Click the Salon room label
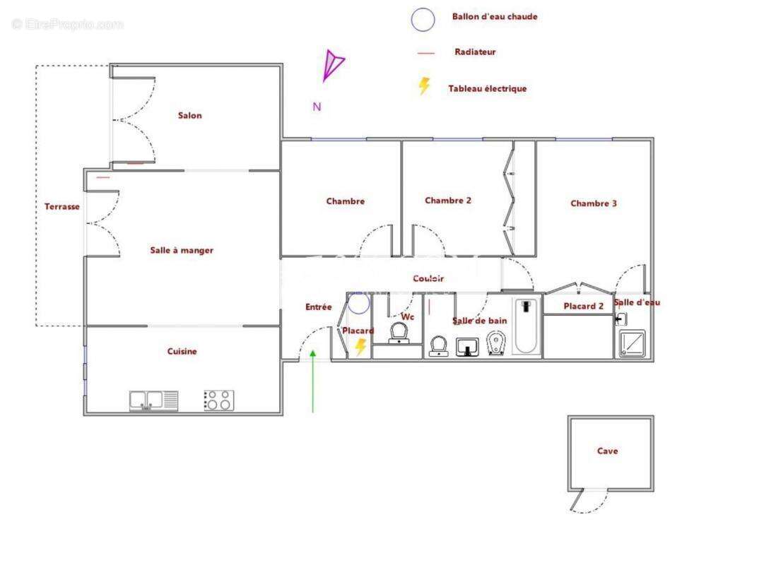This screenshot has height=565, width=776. (189, 116)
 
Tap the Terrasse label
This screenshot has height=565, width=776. (62, 207)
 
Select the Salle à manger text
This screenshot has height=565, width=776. (182, 250)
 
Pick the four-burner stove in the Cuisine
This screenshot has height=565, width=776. (218, 400)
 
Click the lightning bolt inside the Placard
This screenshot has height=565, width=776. (360, 347)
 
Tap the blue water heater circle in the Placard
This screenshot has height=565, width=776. (359, 304)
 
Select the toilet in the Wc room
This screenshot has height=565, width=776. (400, 333)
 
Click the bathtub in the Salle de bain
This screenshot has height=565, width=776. (526, 326)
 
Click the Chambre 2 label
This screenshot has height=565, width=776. (448, 201)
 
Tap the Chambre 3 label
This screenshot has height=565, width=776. (594, 203)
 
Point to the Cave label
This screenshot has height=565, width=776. (607, 451)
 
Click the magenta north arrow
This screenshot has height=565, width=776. (332, 65)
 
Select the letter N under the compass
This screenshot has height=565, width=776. (317, 107)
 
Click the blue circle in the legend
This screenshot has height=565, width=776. (423, 20)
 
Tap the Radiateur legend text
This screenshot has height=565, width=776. (475, 52)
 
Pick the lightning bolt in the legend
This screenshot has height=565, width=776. (424, 86)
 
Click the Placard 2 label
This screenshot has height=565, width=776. (583, 307)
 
